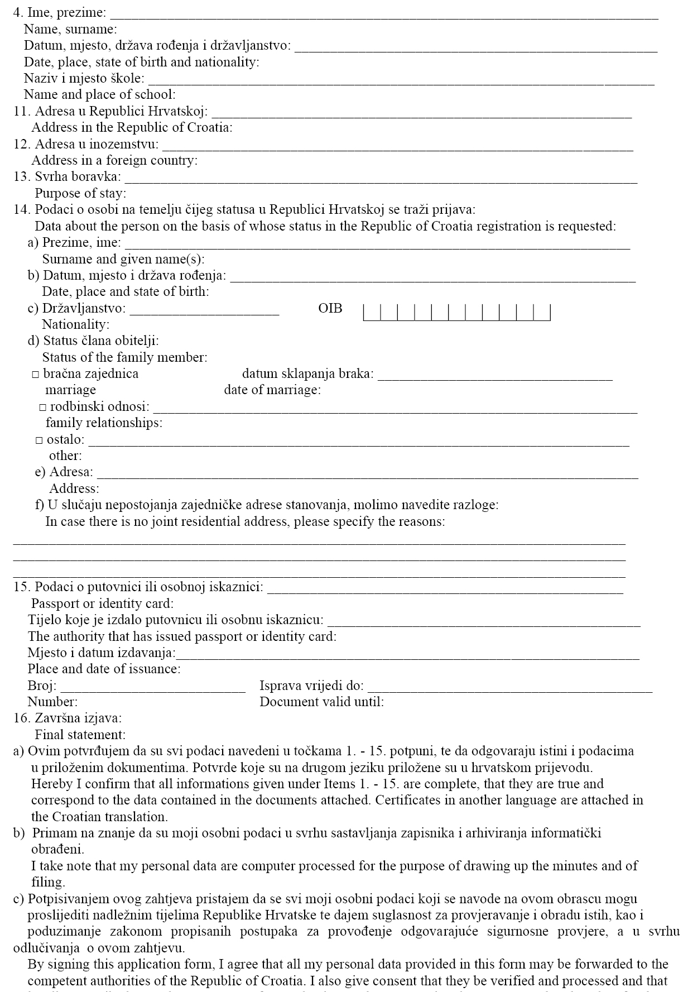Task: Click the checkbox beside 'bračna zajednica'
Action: (x=36, y=375)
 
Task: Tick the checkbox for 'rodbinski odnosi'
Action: (x=43, y=408)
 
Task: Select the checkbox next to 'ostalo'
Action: (x=39, y=440)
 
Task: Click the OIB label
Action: (x=330, y=308)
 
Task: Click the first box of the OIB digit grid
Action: (x=372, y=313)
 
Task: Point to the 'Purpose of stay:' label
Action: (x=80, y=194)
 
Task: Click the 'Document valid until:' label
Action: (x=322, y=702)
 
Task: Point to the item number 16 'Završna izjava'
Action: (x=68, y=718)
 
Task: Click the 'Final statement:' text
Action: (x=80, y=735)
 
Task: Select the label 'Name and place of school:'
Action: (x=100, y=95)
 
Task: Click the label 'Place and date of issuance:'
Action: (x=104, y=669)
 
